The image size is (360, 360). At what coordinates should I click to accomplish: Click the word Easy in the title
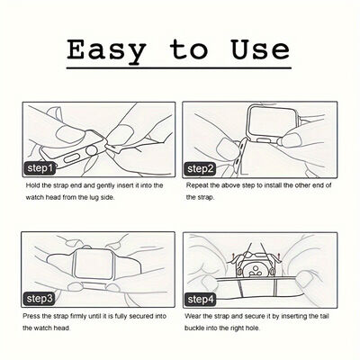click(106, 51)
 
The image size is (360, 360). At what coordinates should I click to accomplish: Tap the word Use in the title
click(260, 49)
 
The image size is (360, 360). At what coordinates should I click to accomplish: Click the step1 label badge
click(40, 168)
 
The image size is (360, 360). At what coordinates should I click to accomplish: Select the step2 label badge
click(200, 169)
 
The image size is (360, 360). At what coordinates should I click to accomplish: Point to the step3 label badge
click(39, 299)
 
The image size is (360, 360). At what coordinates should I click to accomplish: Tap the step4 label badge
click(201, 300)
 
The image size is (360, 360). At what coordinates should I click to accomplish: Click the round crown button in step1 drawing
click(92, 150)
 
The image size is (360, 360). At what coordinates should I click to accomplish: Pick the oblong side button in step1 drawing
click(72, 158)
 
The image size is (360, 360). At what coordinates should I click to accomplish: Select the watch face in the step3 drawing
click(89, 264)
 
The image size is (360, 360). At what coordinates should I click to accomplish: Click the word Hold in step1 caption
click(32, 185)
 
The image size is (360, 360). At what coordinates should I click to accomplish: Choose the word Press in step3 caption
click(31, 316)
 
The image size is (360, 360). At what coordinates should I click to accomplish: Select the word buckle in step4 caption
click(193, 328)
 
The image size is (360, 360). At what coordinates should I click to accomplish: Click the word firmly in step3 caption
click(79, 317)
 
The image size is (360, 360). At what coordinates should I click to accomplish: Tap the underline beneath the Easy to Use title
click(179, 68)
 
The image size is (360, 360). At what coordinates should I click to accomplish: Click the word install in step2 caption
click(272, 185)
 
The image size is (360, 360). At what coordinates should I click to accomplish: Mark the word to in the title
click(188, 49)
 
